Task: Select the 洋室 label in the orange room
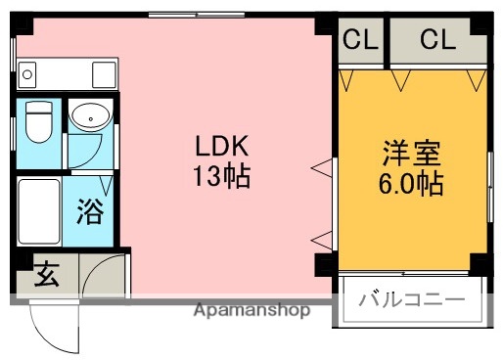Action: point(412,155)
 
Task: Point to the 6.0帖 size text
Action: point(412,183)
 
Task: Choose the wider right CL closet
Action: point(437,40)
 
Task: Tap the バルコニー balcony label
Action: point(411,299)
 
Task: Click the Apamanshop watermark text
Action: point(251,311)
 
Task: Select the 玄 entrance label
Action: point(46,275)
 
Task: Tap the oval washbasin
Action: point(90,117)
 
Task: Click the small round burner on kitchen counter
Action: point(27,74)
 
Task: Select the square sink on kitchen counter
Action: point(102,74)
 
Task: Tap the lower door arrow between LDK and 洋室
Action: point(320,237)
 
